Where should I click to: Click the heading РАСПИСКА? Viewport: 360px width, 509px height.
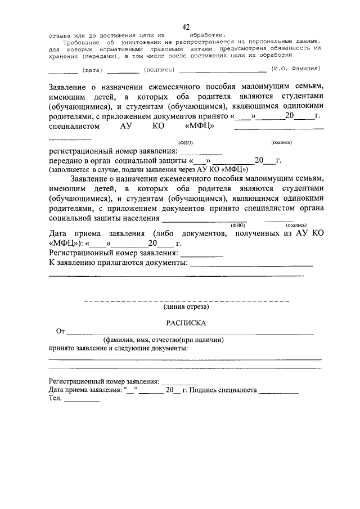click(x=186, y=323)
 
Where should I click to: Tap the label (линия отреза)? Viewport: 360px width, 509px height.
click(x=186, y=307)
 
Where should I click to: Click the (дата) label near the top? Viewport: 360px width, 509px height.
click(x=92, y=70)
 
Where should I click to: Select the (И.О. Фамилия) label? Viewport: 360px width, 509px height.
click(x=295, y=69)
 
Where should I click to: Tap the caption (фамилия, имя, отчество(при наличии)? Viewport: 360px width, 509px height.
click(x=164, y=340)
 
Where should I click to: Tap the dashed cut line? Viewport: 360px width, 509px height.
click(x=186, y=301)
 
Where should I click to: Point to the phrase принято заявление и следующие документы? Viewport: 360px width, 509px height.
click(x=118, y=348)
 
